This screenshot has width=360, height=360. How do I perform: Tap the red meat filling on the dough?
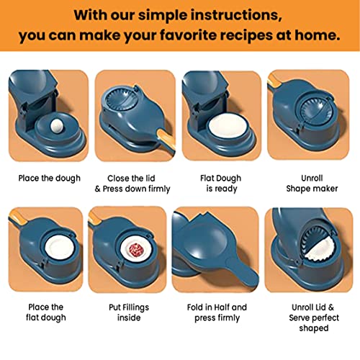coord(137,250)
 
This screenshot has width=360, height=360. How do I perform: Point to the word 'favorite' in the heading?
coord(189,35)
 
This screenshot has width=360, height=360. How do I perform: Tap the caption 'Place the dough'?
coord(50,179)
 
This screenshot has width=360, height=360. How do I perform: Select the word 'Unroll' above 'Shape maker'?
coord(312,178)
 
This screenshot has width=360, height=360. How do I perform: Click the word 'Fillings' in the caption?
coord(135,307)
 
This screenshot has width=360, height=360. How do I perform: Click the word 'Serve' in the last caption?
coord(300,318)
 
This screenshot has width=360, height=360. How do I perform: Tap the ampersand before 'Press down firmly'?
coord(98,189)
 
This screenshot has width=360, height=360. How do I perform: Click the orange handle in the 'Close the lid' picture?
coord(166,141)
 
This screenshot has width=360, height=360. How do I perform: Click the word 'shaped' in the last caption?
coord(314,328)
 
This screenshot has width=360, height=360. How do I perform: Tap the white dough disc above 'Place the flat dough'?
coord(60,247)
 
